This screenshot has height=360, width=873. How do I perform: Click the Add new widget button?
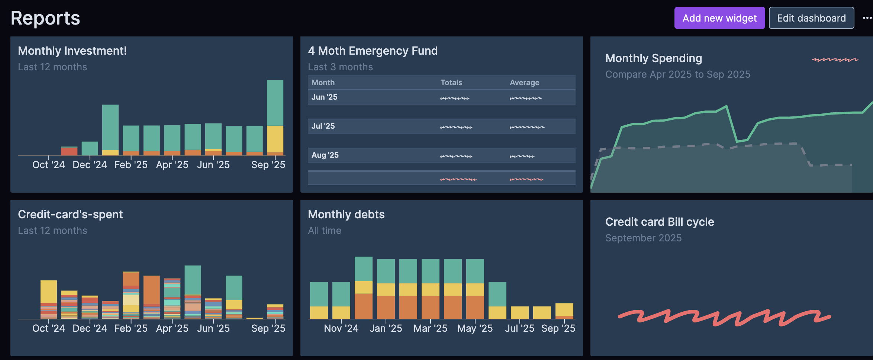click(x=719, y=18)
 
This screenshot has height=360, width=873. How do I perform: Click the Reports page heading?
click(x=45, y=18)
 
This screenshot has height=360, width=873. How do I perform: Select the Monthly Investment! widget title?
click(x=73, y=51)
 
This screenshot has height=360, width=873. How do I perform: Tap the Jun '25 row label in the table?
click(x=324, y=97)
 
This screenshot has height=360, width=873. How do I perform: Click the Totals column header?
click(x=451, y=83)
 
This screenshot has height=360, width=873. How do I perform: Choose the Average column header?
click(x=524, y=83)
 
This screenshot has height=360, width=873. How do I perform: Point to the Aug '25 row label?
click(x=325, y=155)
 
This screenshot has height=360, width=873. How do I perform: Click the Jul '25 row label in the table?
click(x=323, y=126)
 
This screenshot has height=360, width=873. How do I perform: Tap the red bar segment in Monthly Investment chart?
click(x=69, y=151)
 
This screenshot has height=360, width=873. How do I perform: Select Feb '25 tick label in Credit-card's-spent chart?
click(x=131, y=328)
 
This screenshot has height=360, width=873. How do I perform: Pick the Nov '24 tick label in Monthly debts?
click(x=341, y=328)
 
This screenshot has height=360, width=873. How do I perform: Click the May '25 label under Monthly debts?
click(x=475, y=328)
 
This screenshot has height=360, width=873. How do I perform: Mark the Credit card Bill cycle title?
click(x=660, y=222)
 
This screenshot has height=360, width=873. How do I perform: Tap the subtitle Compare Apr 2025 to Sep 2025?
click(x=677, y=74)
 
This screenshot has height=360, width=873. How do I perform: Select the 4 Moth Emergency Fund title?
click(x=373, y=51)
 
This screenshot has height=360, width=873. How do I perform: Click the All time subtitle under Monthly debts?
click(x=324, y=231)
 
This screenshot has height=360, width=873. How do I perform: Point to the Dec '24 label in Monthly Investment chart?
click(x=90, y=165)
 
